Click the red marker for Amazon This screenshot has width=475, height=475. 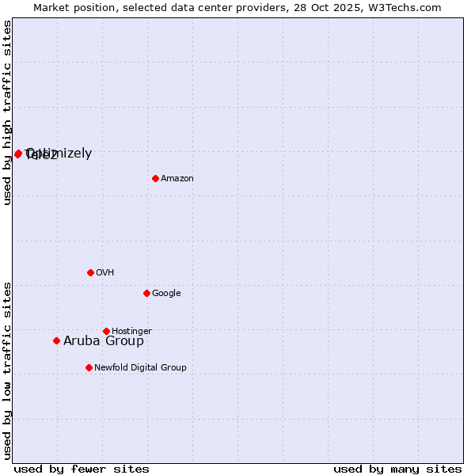(x=155, y=178)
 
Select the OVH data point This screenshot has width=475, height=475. (x=90, y=272)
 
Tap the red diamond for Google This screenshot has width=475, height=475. (x=146, y=293)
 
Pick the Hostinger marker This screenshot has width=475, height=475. (x=106, y=331)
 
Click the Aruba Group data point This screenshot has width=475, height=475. (x=56, y=340)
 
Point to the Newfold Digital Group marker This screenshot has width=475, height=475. (x=89, y=367)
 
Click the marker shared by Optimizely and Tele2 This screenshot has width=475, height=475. (x=17, y=154)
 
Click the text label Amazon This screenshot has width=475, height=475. (x=177, y=179)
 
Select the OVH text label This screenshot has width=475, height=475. (x=105, y=273)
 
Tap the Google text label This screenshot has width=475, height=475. (x=166, y=294)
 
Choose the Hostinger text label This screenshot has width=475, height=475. (x=131, y=332)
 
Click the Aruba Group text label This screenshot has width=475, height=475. (x=104, y=341)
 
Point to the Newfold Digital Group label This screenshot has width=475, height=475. (x=140, y=368)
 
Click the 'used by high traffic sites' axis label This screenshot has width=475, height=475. (x=8, y=112)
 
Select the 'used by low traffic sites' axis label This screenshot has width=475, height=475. (x=8, y=370)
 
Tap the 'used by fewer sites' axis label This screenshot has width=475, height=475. (x=82, y=469)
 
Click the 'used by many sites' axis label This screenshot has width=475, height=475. (x=397, y=469)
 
